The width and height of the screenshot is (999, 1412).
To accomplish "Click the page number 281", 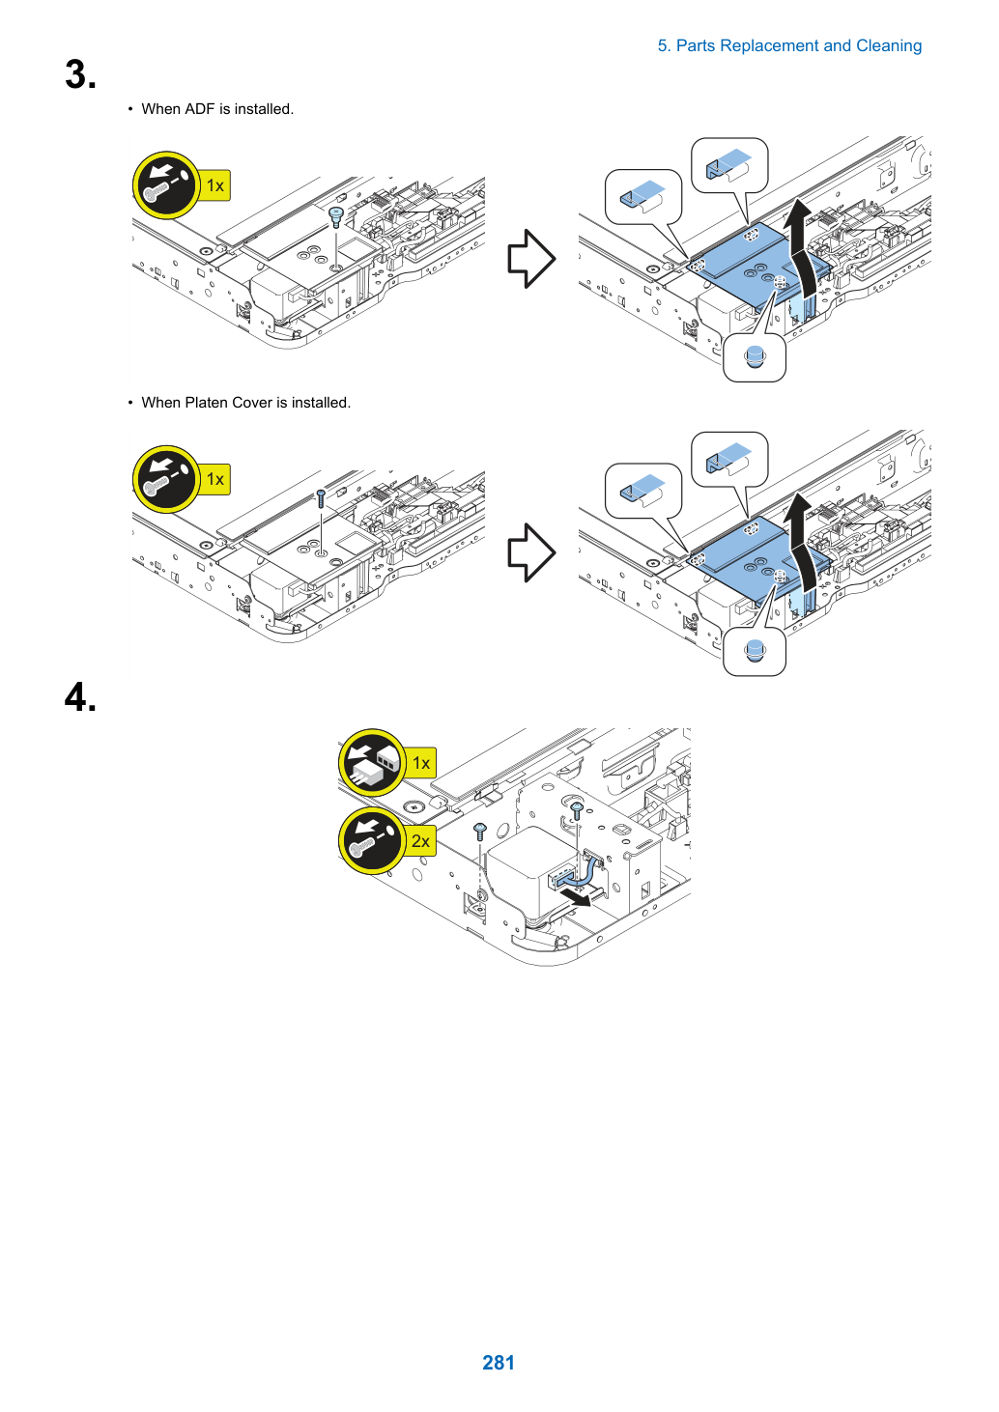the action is point(499,1362).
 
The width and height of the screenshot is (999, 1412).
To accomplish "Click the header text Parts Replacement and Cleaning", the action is point(798,46).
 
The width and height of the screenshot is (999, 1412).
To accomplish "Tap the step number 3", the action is point(80,74).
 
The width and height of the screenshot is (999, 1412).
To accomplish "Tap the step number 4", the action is point(80,697).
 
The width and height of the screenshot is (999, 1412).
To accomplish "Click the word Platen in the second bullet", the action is point(206,403).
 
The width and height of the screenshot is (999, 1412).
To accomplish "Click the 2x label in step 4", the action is point(420,841).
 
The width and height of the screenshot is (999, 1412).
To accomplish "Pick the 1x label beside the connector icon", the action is point(420,763).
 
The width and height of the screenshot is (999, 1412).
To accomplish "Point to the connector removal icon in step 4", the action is point(373,763).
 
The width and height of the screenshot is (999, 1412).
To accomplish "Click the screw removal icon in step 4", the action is point(373,840).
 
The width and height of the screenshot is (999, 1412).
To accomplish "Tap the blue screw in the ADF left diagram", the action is point(336,217).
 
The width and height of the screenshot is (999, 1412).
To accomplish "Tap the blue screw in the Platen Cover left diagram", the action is point(321,498).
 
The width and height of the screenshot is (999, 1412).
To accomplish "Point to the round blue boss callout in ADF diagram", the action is point(755,357).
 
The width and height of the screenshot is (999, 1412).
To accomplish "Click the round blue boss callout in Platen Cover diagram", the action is point(755,651).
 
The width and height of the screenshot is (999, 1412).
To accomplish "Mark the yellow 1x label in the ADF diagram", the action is point(215,185).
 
